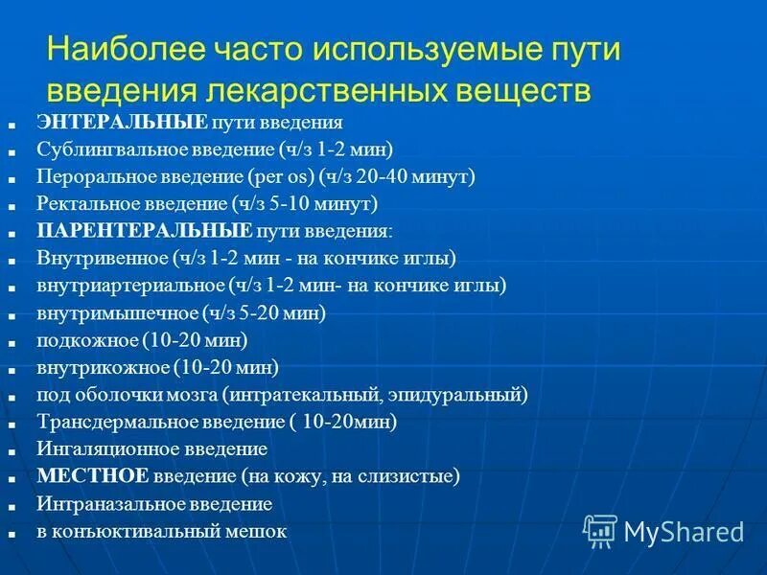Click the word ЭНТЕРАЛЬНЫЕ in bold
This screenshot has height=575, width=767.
pos(123,123)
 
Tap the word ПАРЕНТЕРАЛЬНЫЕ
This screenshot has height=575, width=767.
pos(145,231)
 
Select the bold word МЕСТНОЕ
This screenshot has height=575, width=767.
pos(93,475)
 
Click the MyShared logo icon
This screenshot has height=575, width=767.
pos(600,530)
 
